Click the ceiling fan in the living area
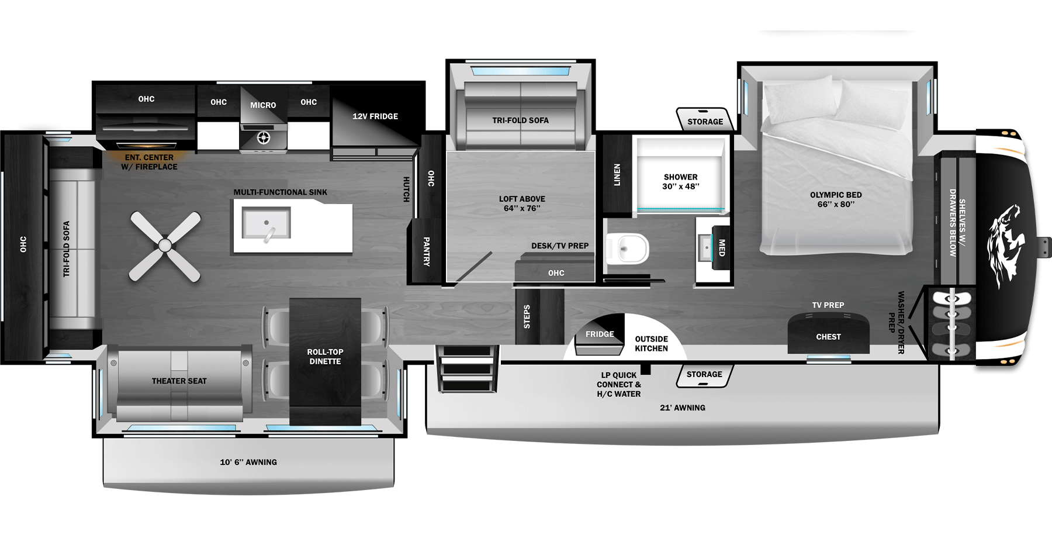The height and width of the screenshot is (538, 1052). tap(165, 246)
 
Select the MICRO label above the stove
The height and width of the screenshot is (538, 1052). tap(263, 105)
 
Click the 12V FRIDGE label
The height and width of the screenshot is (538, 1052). tap(375, 116)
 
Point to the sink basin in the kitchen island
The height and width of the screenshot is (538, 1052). tap(267, 223)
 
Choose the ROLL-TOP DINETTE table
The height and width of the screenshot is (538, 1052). tap(325, 361)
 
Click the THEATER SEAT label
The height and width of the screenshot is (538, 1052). tap(179, 381)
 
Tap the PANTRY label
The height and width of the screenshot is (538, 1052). tap(427, 251)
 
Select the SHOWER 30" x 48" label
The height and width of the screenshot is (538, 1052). tap(681, 181)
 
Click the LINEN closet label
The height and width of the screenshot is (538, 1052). tap(617, 175)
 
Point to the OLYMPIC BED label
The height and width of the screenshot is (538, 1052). tap(836, 199)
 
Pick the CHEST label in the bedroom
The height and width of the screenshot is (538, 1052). tap(828, 337)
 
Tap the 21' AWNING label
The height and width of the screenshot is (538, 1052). tap(683, 408)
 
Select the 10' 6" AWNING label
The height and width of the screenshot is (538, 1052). tap(248, 462)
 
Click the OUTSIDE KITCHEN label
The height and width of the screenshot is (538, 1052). tap(651, 343)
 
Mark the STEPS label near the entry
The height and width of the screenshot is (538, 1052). tap(527, 316)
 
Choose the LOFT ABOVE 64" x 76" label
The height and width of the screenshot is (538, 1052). tap(522, 204)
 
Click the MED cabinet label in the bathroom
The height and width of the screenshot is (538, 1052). tap(722, 248)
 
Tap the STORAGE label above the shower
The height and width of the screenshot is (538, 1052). tap(705, 122)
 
